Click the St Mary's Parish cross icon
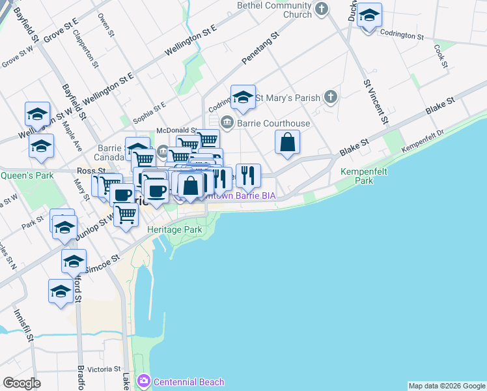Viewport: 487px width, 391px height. (331, 98)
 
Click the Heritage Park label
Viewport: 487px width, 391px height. (175, 230)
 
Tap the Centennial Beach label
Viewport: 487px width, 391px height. (189, 382)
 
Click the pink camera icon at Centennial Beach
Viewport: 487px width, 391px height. (144, 381)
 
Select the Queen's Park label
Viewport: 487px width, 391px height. (27, 175)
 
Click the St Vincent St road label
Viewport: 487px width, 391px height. (376, 101)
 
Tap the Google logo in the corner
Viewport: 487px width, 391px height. (21, 383)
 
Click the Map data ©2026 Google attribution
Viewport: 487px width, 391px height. (447, 386)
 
